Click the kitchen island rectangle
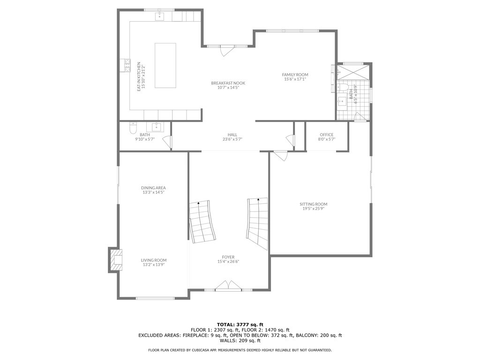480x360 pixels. [165, 65]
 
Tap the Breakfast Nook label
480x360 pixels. [228, 83]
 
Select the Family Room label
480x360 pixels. [295, 75]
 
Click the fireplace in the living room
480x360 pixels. [116, 260]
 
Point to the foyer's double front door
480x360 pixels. [228, 286]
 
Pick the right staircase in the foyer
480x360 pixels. [258, 223]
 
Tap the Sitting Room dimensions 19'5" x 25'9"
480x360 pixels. [314, 209]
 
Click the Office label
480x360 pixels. [327, 135]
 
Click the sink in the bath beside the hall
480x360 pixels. [156, 127]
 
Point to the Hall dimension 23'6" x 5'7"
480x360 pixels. [232, 139]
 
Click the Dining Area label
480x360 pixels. [153, 187]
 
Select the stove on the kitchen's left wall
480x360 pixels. [127, 65]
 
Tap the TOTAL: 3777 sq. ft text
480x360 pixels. [240, 324]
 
